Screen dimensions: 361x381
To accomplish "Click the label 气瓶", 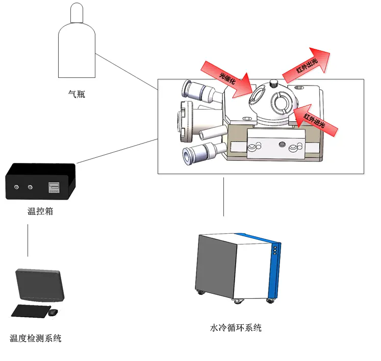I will (77, 94).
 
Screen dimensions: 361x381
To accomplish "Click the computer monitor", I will (40, 285).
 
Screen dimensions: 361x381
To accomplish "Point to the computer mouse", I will (53, 312).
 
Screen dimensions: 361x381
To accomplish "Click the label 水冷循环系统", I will (236, 328).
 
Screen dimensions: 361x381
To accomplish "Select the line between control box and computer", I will (28, 239).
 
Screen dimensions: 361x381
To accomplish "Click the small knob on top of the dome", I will (274, 82).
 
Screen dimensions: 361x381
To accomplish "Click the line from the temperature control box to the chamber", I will (117, 151).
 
